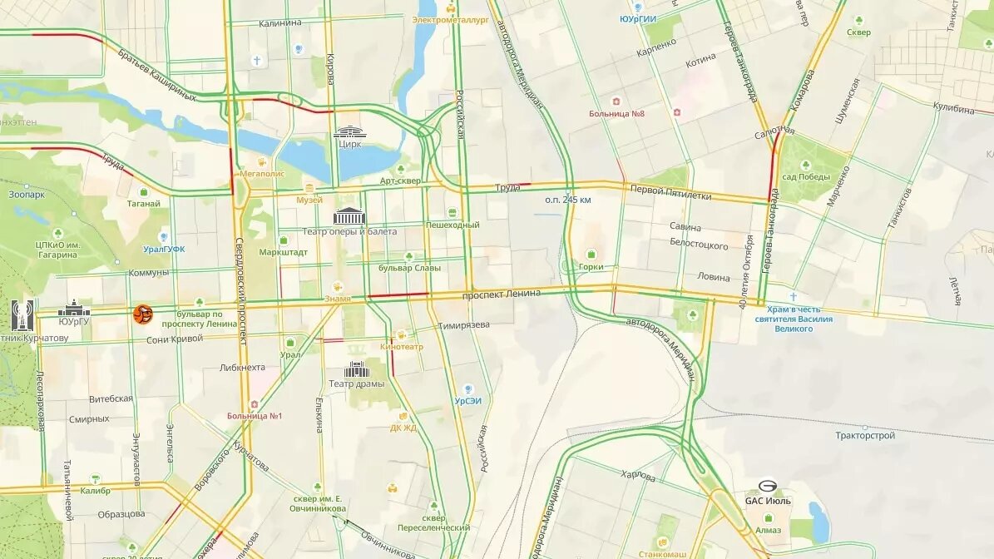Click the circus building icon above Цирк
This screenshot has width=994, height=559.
[x=349, y=131]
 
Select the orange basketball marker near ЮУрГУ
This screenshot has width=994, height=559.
[x=143, y=314]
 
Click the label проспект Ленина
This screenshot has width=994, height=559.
[x=501, y=294]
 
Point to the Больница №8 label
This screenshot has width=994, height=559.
[x=616, y=113]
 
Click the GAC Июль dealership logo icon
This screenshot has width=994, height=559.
[x=767, y=487]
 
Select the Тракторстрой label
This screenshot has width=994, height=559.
[x=865, y=435]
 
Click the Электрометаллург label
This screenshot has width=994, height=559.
[x=450, y=20]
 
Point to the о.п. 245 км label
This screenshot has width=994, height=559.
[x=568, y=200]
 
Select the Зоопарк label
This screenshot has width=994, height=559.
[x=27, y=194]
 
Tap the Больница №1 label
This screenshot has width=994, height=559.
[x=255, y=416]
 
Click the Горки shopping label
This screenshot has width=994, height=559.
[x=591, y=267]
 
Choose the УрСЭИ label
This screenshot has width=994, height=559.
[x=467, y=400]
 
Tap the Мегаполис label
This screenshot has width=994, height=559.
[x=262, y=174]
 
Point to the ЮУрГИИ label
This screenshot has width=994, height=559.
[x=638, y=18]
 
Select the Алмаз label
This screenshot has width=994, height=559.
[x=768, y=529]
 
